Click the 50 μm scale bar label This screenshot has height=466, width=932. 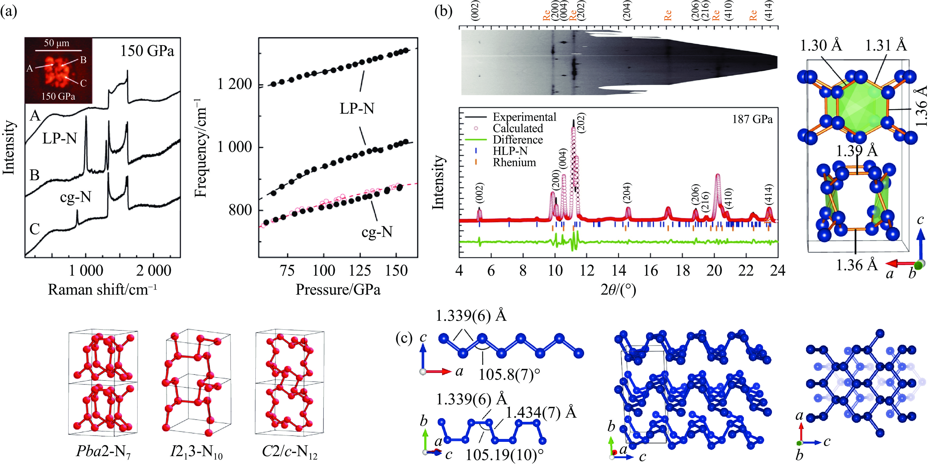coord(56,43)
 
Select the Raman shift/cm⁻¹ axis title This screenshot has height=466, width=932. coord(102,290)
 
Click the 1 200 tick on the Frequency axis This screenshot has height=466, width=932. coord(234,84)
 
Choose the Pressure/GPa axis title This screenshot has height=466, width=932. coord(338,290)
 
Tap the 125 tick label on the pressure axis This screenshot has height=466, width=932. coord(360,271)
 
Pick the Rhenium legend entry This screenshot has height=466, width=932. coord(514,162)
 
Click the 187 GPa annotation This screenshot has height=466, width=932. coord(752,119)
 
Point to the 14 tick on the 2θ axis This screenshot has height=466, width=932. coord(619,271)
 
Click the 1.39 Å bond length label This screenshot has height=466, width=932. coord(857,150)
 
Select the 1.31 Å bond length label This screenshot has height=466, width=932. coord(886,46)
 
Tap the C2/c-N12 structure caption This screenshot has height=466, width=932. coord(289,452)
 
